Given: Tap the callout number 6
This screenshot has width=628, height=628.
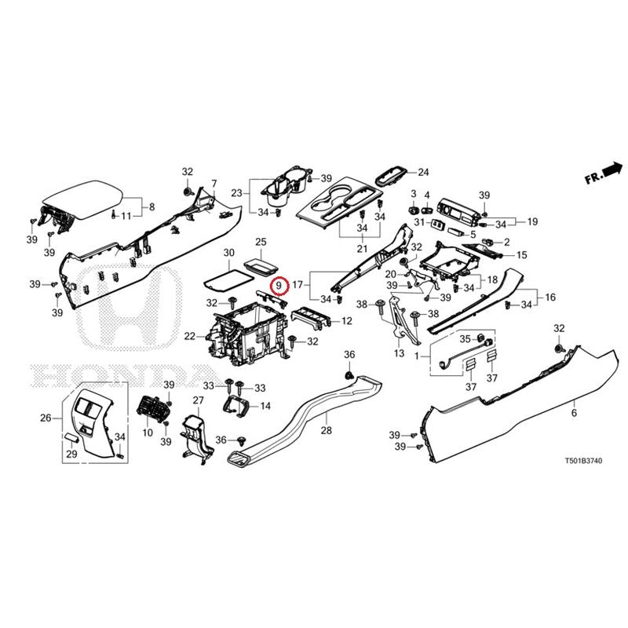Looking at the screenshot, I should [574, 413].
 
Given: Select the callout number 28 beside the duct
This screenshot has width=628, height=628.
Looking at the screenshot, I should [327, 430].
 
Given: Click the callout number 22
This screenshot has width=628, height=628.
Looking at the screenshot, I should [189, 337].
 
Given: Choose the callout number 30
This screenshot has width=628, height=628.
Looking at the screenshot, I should [229, 253].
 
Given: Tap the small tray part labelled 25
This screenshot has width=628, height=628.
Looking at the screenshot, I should [261, 266].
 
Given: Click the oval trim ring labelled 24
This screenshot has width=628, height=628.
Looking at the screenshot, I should [391, 175].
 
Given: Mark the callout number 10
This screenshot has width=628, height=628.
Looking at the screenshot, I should [147, 433].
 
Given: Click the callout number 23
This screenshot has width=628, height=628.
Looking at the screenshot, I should [235, 192].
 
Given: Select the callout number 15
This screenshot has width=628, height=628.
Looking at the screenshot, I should [521, 255].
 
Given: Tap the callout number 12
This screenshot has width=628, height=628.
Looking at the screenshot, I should [346, 321].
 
